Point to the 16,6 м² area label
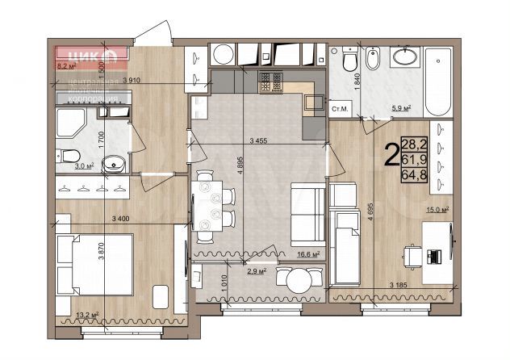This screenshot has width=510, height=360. pos(306,253)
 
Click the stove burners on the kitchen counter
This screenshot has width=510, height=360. pos(270,82)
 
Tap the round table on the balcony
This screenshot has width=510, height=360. pos(295,281)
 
